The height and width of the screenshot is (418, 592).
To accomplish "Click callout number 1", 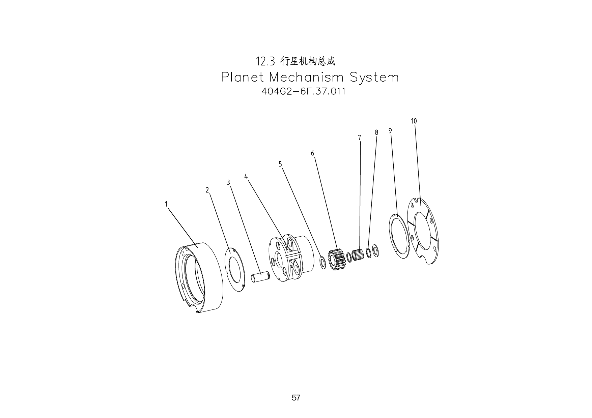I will click(x=166, y=204).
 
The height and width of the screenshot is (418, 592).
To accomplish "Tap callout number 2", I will click(x=207, y=190).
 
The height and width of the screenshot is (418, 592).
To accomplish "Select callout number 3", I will click(x=228, y=182).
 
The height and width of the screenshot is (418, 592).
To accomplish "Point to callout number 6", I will click(x=313, y=153).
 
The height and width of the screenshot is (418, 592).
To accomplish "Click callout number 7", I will click(x=359, y=138).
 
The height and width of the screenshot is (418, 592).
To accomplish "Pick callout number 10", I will click(x=414, y=121).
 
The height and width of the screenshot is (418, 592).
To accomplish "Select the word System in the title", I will click(x=374, y=78).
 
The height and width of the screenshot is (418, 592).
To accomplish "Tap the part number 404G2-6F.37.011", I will click(x=303, y=91).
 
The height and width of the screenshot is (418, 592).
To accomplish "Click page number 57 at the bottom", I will click(x=296, y=398).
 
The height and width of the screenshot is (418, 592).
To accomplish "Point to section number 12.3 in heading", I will click(x=266, y=62).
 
